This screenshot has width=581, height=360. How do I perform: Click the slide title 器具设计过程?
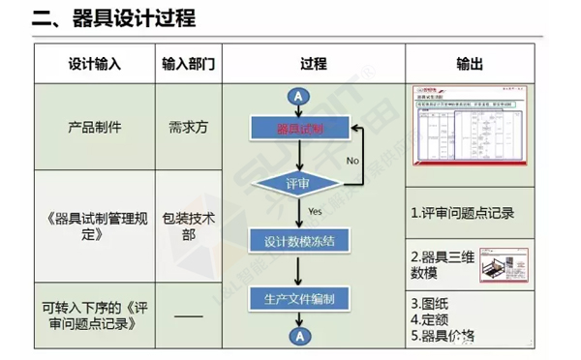(x=127, y=18)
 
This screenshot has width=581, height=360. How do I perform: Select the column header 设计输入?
(x=95, y=64)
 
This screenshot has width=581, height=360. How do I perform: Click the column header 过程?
(x=313, y=64)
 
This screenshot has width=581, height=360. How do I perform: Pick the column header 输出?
(x=471, y=64)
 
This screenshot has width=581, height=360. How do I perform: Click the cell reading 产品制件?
(x=95, y=126)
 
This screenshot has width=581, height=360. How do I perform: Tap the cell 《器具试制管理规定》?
(x=95, y=225)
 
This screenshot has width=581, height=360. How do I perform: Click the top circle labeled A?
(x=299, y=96)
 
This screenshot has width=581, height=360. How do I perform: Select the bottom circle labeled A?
(x=299, y=335)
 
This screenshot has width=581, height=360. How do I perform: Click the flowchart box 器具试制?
(x=299, y=128)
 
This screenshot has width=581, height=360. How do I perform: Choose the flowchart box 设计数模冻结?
(x=299, y=241)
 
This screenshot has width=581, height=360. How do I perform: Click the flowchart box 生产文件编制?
(x=299, y=299)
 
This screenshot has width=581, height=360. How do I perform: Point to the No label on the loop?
(x=352, y=159)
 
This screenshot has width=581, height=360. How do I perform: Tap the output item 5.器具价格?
(x=443, y=336)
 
